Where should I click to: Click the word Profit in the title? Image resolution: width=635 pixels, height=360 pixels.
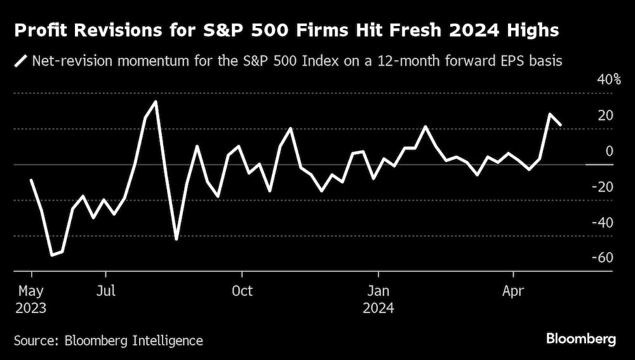tap(40, 30)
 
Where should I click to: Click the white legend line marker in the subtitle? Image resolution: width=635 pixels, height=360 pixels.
tap(20, 62)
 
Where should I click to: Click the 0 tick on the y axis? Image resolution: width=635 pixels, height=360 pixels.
tap(609, 151)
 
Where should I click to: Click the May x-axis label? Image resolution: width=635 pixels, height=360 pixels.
tap(30, 291)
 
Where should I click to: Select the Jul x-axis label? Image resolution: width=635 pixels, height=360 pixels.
tap(106, 291)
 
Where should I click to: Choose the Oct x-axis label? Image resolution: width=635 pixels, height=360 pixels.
tap(242, 291)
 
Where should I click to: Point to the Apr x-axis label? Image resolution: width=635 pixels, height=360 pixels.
tap(513, 291)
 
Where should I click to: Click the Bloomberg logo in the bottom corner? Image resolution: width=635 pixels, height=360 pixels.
tap(582, 340)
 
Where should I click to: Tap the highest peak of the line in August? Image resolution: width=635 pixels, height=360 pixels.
tap(156, 102)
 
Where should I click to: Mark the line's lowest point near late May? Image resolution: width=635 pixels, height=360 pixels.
tap(52, 255)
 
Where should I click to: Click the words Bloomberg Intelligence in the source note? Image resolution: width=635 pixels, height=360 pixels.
tap(134, 341)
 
